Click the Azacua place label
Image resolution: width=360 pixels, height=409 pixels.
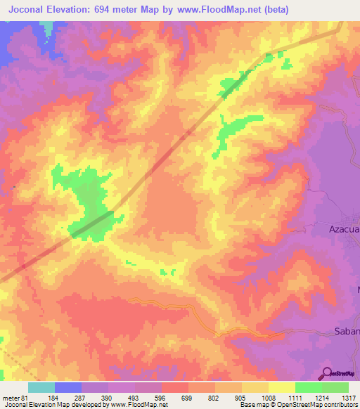[344, 229]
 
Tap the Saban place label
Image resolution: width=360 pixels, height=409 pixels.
[345, 331]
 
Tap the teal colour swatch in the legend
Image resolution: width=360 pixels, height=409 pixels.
[41, 387]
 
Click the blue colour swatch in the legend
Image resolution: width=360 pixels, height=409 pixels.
[67, 387]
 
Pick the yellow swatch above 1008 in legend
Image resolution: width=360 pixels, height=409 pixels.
[255, 387]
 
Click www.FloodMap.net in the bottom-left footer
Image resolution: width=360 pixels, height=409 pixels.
[131, 405]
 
